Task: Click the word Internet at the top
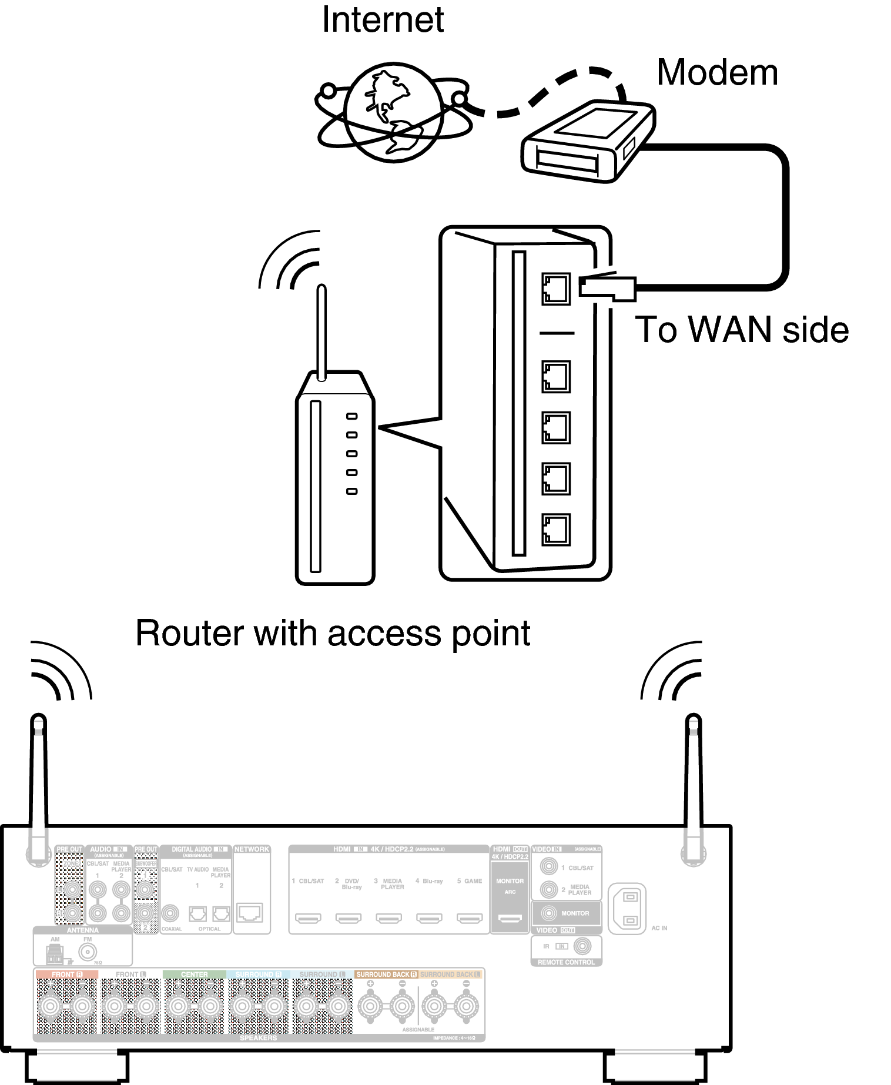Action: [x=383, y=20]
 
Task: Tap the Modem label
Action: [x=717, y=73]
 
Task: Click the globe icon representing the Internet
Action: [x=393, y=112]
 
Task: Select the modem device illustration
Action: [x=588, y=141]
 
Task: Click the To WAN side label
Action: [x=742, y=329]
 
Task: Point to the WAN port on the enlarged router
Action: [x=555, y=289]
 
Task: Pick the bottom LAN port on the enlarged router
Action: [x=555, y=529]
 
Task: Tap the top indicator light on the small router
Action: [x=351, y=416]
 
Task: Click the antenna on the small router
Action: [x=321, y=332]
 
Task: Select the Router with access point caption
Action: [x=333, y=634]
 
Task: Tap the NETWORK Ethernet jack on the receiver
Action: [x=250, y=913]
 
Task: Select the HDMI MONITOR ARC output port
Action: [x=510, y=918]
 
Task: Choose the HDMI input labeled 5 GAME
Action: [x=470, y=918]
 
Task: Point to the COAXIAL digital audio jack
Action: [x=170, y=913]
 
